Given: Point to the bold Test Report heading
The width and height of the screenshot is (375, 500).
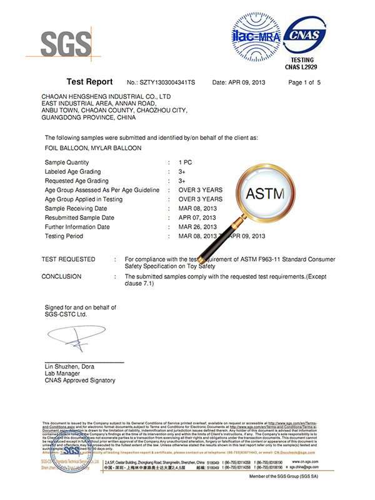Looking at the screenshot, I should pyautogui.click(x=89, y=82).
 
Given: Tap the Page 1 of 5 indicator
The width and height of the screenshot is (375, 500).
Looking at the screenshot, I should pyautogui.click(x=304, y=82).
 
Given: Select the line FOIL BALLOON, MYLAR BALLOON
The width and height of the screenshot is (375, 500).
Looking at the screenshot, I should pyautogui.click(x=93, y=148).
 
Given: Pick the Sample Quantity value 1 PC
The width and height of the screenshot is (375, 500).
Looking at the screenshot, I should pyautogui.click(x=185, y=162).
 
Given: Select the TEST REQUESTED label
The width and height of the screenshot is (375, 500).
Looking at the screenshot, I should pyautogui.click(x=68, y=259).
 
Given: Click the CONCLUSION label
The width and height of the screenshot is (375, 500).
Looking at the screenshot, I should pyautogui.click(x=61, y=276).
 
